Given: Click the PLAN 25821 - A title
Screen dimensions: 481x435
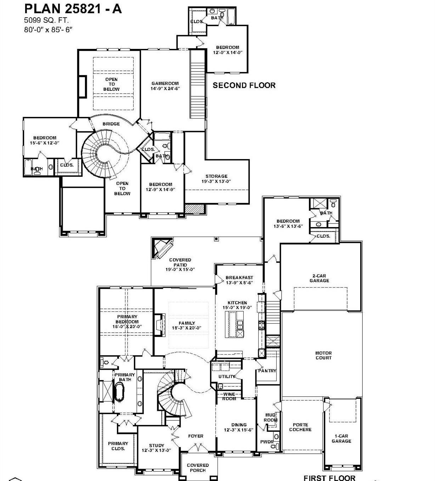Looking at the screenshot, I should click(73, 9).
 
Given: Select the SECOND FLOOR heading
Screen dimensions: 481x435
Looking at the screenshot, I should click(244, 85).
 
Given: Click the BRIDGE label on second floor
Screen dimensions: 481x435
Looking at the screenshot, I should click(111, 124).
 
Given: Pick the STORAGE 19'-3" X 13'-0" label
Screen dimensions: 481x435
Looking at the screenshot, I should click(216, 179).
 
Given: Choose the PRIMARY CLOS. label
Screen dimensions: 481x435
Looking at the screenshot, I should click(118, 446).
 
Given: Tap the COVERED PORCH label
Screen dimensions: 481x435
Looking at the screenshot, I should click(198, 468).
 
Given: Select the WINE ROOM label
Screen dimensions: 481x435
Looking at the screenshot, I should click(229, 396).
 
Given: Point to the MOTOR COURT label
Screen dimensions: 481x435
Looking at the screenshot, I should click(323, 355).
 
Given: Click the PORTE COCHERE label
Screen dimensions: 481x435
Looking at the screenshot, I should click(300, 427).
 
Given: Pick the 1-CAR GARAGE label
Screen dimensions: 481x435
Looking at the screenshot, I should click(341, 438).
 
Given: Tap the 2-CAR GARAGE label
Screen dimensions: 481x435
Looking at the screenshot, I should click(319, 278).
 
